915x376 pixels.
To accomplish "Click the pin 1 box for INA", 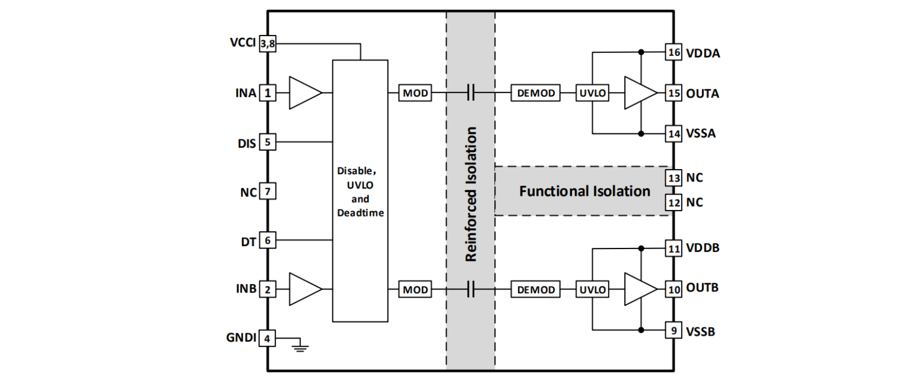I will tap(268, 93).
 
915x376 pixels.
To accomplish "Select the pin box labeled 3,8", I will tap(268, 44).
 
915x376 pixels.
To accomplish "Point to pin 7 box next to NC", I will tap(268, 192).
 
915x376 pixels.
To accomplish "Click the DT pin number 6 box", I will tap(268, 240).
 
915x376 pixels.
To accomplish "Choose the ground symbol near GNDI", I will tap(301, 345).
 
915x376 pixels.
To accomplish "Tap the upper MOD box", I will tap(415, 93).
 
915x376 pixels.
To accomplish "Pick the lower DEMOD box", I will tap(536, 289).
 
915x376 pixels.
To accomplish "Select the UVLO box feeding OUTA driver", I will tap(593, 93).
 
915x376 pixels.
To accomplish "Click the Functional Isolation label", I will tap(584, 192).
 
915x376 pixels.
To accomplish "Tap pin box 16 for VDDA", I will tap(673, 53).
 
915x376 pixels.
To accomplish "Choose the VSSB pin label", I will tap(701, 332).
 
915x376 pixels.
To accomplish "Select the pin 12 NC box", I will tap(673, 203).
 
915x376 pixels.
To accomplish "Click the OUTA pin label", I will tap(703, 94).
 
